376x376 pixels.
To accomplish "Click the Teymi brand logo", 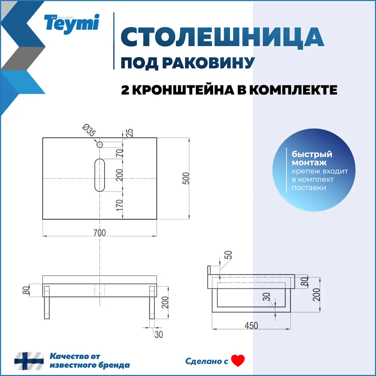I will tap(71, 23).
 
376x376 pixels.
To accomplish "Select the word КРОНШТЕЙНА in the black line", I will tap(188, 90).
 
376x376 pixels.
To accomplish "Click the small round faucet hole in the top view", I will tap(100, 144).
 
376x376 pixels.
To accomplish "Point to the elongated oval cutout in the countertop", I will tap(100, 175).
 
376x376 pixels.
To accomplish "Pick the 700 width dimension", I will tap(100, 233).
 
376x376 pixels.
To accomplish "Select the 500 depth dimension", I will tap(185, 178).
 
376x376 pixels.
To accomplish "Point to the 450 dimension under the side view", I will tap(251, 326).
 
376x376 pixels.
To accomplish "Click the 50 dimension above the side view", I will tap(228, 255).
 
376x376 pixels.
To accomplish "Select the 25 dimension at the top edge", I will tap(129, 132).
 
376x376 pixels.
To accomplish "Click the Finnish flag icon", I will tap(29, 361).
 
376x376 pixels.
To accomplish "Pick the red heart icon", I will tap(238, 361).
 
